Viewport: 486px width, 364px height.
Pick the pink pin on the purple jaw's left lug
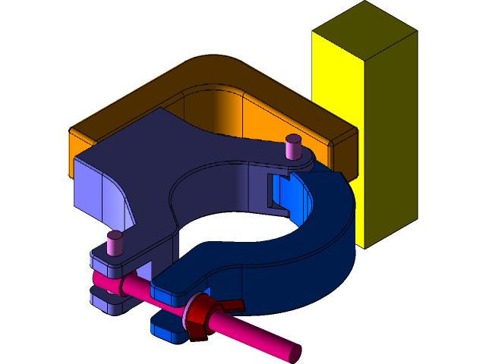click(x=115, y=242)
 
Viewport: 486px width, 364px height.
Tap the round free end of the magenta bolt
click(x=292, y=351)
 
